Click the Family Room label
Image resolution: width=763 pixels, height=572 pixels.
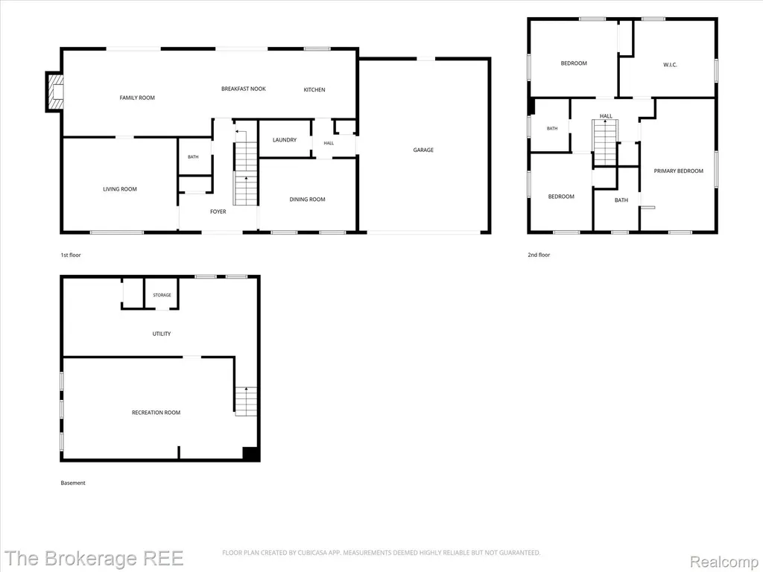click(137, 98)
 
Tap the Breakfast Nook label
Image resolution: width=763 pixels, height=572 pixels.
click(244, 89)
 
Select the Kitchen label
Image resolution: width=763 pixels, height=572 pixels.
click(314, 90)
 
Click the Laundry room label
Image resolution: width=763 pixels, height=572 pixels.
click(285, 140)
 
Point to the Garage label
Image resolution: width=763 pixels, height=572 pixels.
click(423, 150)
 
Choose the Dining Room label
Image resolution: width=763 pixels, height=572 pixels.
click(308, 200)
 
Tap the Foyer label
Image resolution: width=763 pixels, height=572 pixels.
click(218, 212)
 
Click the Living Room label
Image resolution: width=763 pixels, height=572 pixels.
click(120, 189)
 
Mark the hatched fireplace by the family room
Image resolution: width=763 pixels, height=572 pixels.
click(55, 92)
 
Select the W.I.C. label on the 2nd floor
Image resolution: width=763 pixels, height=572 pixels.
click(670, 65)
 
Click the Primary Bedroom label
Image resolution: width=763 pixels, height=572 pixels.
click(678, 171)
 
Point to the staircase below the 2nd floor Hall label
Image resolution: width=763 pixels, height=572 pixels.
click(605, 142)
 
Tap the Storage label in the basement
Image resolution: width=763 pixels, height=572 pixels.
click(162, 295)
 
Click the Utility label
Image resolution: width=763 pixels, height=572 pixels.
click(162, 334)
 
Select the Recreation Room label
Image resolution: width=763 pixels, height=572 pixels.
click(156, 413)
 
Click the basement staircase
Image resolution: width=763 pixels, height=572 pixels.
click(246, 401)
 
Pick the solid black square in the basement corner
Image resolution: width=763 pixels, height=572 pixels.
click(250, 454)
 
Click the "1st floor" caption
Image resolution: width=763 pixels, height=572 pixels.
click(71, 255)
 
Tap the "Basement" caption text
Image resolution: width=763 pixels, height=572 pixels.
click(73, 483)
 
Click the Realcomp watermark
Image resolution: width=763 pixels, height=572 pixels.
click(724, 562)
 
